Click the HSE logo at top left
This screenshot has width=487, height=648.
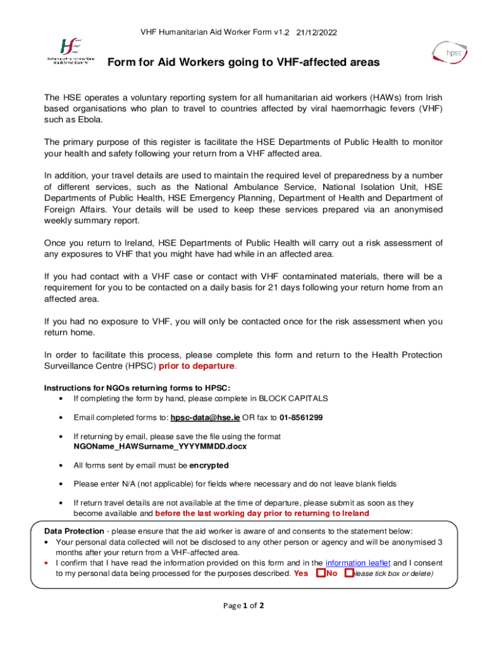pyautogui.click(x=70, y=51)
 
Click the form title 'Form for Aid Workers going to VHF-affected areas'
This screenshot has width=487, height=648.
pyautogui.click(x=244, y=62)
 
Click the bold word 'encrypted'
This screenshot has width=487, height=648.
pyautogui.click(x=209, y=465)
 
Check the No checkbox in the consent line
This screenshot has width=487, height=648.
pyautogui.click(x=348, y=573)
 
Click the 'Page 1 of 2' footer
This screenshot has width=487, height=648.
pyautogui.click(x=244, y=606)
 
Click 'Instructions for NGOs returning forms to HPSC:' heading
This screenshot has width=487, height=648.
pyautogui.click(x=137, y=387)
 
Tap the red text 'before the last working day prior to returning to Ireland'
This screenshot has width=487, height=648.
pyautogui.click(x=262, y=513)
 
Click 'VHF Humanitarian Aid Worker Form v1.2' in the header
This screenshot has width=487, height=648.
pyautogui.click(x=214, y=32)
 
